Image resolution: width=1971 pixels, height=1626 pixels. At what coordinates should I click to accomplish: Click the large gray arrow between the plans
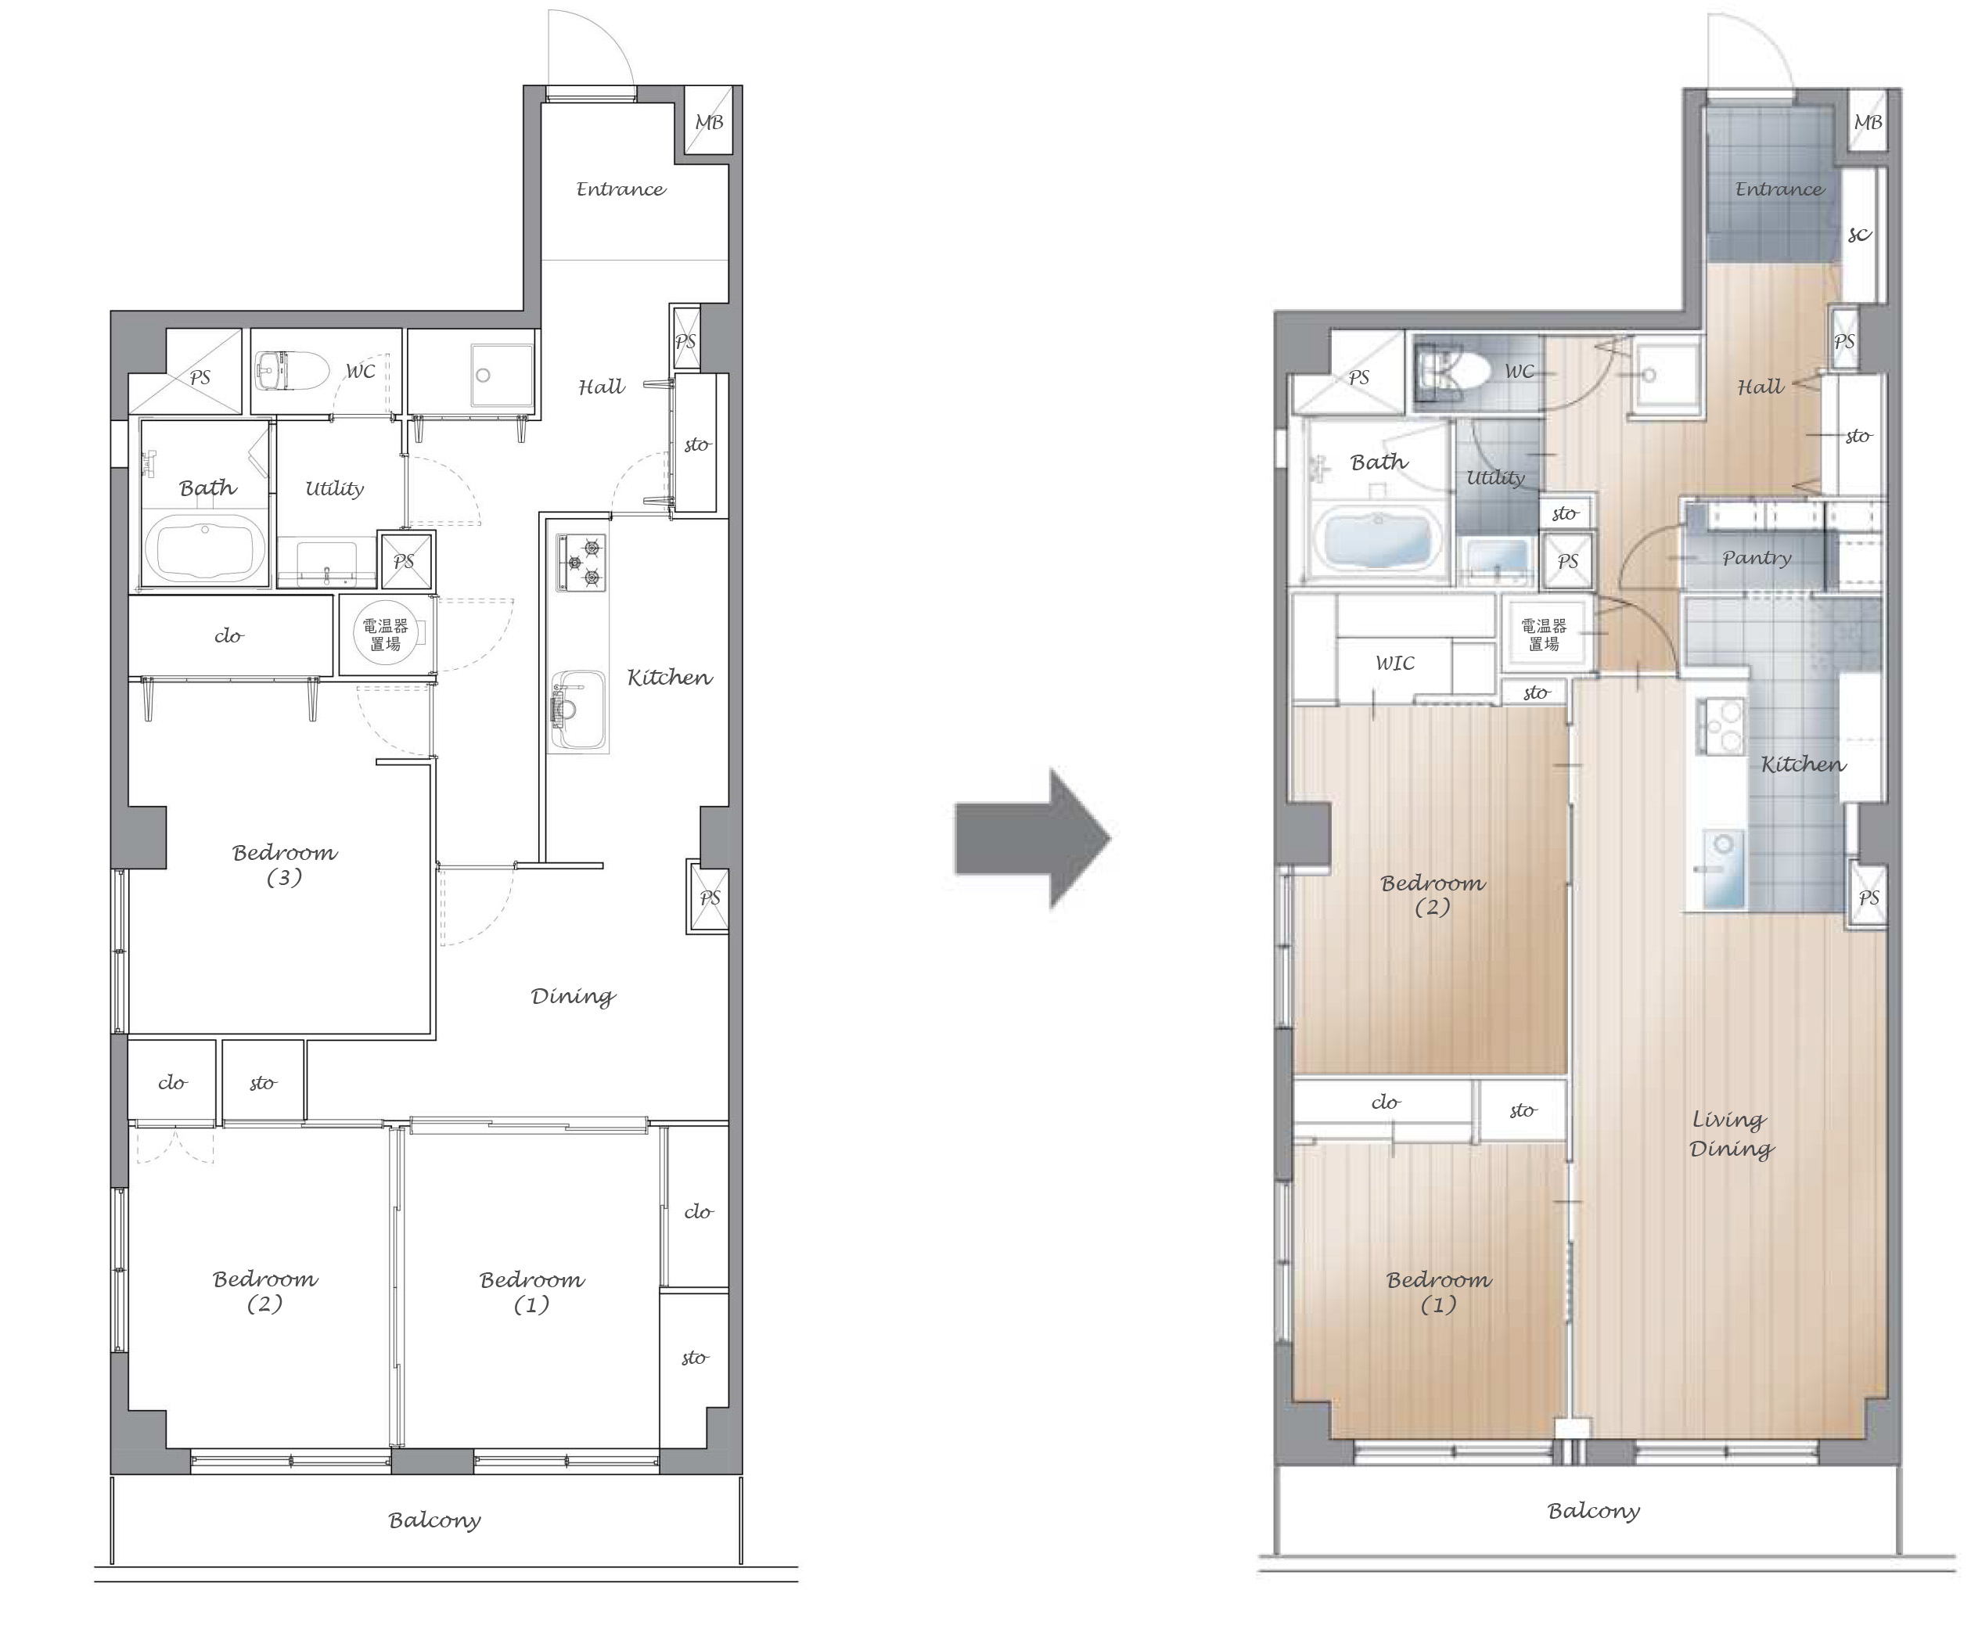click(x=1032, y=838)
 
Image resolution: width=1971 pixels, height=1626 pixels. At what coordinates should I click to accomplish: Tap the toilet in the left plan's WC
click(x=290, y=372)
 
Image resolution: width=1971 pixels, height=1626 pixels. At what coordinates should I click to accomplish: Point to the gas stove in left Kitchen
click(x=581, y=562)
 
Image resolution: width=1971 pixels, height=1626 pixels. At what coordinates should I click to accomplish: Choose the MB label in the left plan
click(x=709, y=122)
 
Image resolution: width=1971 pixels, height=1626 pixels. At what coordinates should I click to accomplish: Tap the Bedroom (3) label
click(x=284, y=865)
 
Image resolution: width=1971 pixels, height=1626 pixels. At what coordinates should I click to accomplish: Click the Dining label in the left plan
click(x=573, y=995)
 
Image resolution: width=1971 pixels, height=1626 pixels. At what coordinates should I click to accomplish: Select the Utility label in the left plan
click(x=334, y=488)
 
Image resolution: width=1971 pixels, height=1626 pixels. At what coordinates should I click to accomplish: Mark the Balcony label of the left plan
click(x=434, y=1520)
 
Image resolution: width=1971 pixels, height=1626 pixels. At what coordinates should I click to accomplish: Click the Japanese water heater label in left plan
click(x=385, y=634)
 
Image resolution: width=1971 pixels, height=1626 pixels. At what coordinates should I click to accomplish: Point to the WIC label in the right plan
click(x=1394, y=663)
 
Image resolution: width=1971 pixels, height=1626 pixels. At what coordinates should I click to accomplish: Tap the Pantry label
click(x=1756, y=558)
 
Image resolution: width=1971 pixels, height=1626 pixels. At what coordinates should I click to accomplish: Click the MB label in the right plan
click(x=1867, y=122)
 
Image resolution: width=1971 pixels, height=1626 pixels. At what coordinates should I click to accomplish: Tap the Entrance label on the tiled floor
click(x=1779, y=189)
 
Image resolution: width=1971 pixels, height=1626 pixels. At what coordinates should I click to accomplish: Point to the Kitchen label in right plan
click(x=1803, y=764)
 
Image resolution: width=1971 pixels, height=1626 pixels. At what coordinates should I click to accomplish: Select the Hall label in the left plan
click(x=601, y=386)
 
